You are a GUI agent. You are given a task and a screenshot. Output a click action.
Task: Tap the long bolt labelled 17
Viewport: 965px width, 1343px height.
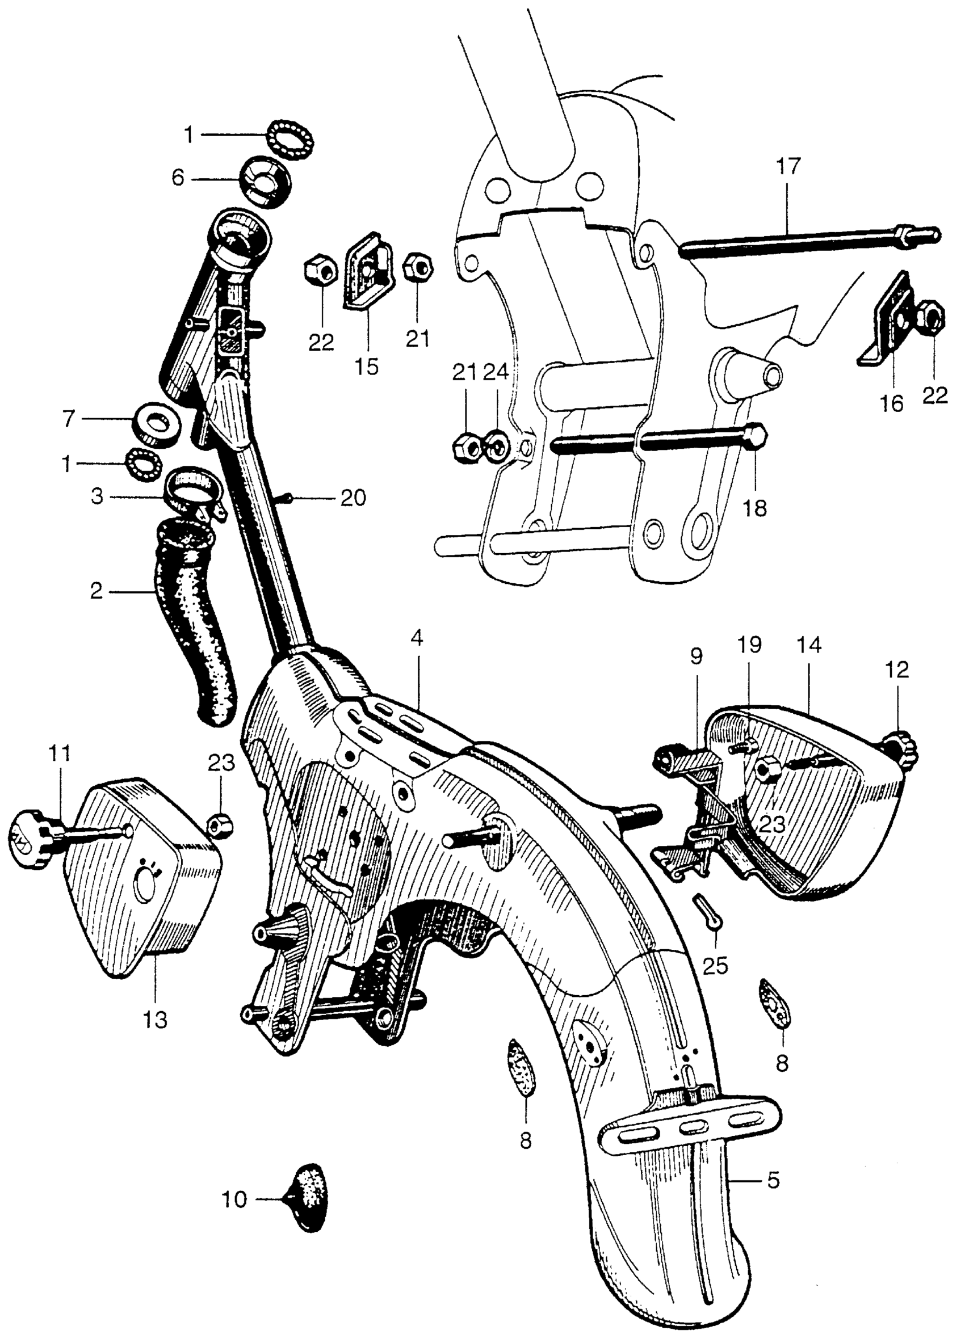coord(800,243)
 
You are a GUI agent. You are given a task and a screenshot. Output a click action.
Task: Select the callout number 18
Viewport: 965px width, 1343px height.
coord(756,507)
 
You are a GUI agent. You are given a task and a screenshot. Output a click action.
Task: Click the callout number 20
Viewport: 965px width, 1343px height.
coord(353,498)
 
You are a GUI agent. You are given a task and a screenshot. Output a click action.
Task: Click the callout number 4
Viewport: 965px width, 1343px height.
coord(417,638)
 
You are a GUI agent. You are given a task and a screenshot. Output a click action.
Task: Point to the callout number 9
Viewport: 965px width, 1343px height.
coord(695,655)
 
